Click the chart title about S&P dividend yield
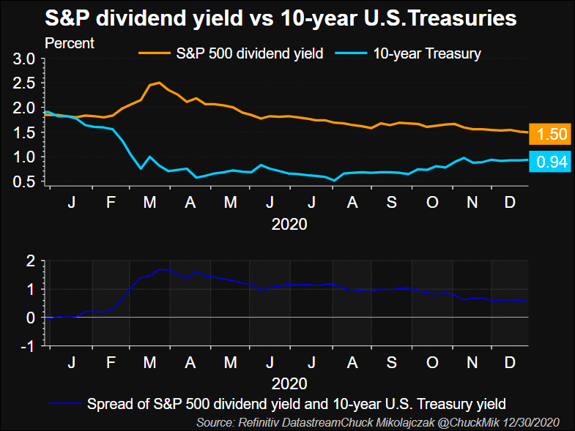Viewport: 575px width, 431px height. pyautogui.click(x=281, y=18)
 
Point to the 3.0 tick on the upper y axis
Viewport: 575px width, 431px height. pyautogui.click(x=24, y=59)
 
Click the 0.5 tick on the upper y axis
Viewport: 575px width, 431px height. pyautogui.click(x=24, y=181)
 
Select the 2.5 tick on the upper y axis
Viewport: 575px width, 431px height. pyautogui.click(x=24, y=83)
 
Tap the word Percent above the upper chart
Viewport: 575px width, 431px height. pyautogui.click(x=70, y=42)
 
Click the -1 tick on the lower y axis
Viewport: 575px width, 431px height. pyautogui.click(x=29, y=346)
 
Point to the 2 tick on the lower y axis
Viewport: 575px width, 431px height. pyautogui.click(x=31, y=261)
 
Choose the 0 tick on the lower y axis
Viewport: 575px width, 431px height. pyautogui.click(x=31, y=318)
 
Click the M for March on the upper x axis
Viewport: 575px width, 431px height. pyautogui.click(x=151, y=202)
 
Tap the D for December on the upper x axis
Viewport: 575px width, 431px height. pyautogui.click(x=509, y=202)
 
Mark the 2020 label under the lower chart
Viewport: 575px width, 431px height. pyautogui.click(x=290, y=382)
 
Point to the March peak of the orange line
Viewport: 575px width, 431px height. pyautogui.click(x=159, y=83)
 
